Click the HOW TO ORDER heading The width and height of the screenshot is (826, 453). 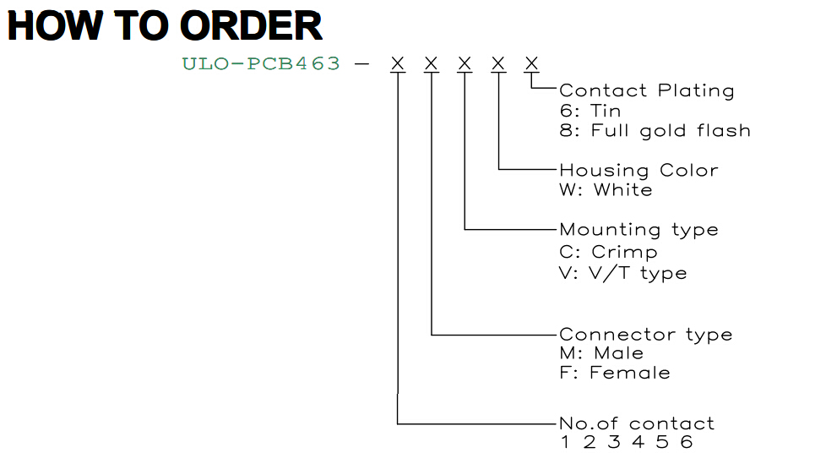click(165, 25)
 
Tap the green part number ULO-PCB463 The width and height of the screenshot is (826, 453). click(261, 64)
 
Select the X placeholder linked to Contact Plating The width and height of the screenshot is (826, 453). click(531, 64)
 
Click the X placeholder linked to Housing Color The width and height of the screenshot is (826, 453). click(497, 64)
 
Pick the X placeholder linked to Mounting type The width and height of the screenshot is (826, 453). click(465, 64)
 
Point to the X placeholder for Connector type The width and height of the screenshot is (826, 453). click(431, 64)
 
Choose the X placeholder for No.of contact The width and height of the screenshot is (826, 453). click(398, 64)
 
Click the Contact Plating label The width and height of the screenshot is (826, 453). click(646, 90)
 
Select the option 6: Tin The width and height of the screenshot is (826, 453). click(590, 111)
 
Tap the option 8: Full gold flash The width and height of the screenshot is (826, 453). click(655, 131)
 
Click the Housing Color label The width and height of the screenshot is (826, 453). click(639, 171)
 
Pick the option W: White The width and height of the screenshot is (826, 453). click(606, 190)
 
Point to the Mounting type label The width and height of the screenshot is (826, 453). click(639, 230)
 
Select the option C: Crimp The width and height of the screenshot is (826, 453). click(608, 252)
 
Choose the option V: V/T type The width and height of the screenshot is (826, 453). click(623, 273)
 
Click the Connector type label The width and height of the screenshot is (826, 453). click(646, 335)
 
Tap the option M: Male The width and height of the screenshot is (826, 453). click(601, 352)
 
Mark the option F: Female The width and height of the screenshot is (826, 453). click(615, 373)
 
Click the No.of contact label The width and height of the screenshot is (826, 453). click(637, 423)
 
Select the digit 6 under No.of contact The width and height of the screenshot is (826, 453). click(687, 442)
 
